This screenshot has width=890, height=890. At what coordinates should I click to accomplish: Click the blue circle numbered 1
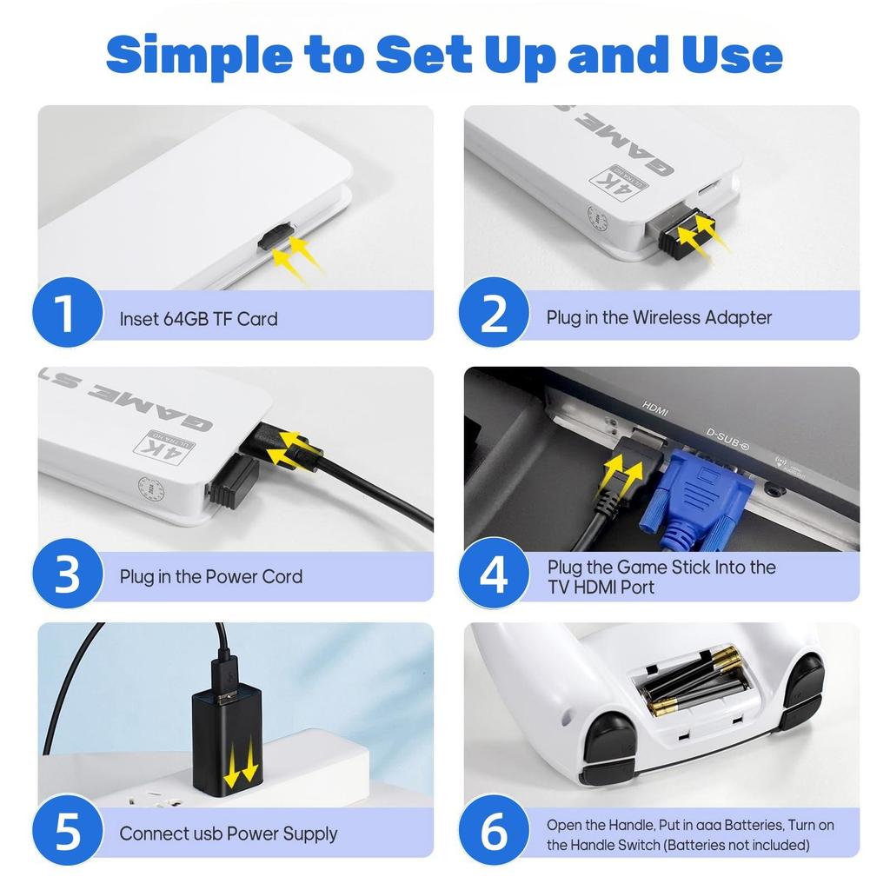tap(68, 312)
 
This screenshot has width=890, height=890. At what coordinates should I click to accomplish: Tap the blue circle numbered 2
tap(494, 312)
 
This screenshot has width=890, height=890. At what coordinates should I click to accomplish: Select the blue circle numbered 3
tap(68, 574)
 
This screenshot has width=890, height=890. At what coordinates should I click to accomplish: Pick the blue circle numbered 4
tap(494, 574)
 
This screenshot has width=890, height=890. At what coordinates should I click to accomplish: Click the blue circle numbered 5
tap(68, 830)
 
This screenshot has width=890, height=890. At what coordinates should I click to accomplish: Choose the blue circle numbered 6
tap(494, 830)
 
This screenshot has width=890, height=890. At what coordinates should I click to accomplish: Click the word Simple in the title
tap(199, 56)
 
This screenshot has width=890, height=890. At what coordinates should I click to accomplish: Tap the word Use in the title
tap(732, 55)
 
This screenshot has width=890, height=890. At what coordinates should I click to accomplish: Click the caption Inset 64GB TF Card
tap(199, 319)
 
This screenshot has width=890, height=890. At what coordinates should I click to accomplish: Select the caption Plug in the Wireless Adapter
tap(659, 317)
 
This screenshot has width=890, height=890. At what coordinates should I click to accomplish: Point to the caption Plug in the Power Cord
tap(211, 577)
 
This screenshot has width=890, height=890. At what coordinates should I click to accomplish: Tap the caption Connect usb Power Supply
tap(229, 834)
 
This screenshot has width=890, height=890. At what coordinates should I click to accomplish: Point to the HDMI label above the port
tap(655, 408)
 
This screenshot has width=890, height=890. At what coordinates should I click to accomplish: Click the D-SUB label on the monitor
tap(727, 439)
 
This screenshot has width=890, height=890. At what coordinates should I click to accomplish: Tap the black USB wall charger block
tap(227, 738)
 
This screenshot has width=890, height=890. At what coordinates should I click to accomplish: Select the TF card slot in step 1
tap(276, 236)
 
